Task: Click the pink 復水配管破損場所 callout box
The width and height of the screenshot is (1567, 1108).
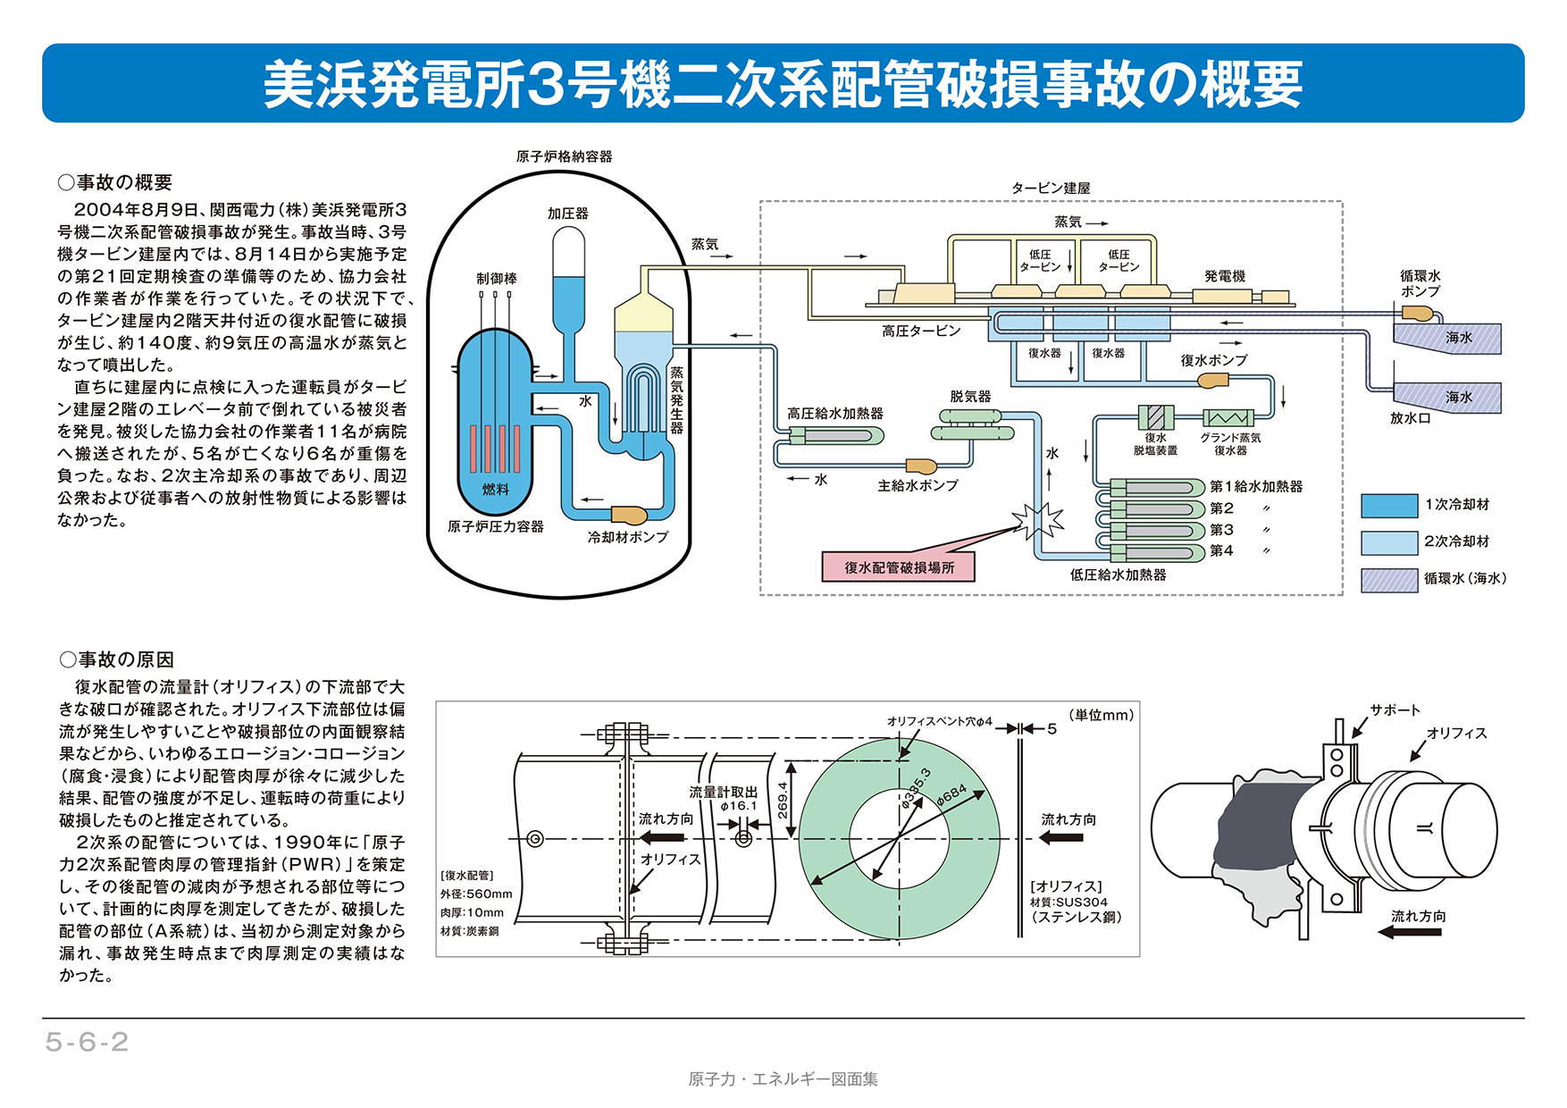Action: pyautogui.click(x=898, y=567)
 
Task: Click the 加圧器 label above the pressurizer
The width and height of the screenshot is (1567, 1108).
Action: pyautogui.click(x=568, y=214)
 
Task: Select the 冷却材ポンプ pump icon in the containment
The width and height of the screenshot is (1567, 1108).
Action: pyautogui.click(x=629, y=515)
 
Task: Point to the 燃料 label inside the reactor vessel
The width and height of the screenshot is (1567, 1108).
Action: pyautogui.click(x=496, y=489)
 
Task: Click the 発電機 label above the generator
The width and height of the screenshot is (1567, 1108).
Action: pyautogui.click(x=1224, y=276)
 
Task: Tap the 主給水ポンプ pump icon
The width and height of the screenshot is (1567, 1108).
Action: pyautogui.click(x=921, y=466)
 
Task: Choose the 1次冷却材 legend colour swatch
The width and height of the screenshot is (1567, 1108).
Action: pyautogui.click(x=1388, y=506)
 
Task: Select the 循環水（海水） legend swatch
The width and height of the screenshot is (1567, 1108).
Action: pyautogui.click(x=1388, y=580)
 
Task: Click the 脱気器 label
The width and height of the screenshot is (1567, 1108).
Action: pyautogui.click(x=970, y=396)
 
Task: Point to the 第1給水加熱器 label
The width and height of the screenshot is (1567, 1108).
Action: pyautogui.click(x=1256, y=486)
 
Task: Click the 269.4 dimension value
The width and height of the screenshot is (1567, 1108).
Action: pyautogui.click(x=783, y=800)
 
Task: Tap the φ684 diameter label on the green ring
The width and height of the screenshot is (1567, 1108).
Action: pyautogui.click(x=952, y=794)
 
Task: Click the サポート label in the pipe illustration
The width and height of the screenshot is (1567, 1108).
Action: pyautogui.click(x=1395, y=710)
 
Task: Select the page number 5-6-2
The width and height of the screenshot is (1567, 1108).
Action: pyautogui.click(x=87, y=1042)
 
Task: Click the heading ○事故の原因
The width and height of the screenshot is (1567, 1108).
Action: pyautogui.click(x=117, y=659)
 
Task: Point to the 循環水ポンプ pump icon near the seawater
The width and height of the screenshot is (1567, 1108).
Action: pyautogui.click(x=1417, y=314)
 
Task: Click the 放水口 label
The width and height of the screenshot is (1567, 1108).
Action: pyautogui.click(x=1410, y=418)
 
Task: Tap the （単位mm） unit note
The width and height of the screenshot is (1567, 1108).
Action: pyautogui.click(x=1101, y=715)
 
